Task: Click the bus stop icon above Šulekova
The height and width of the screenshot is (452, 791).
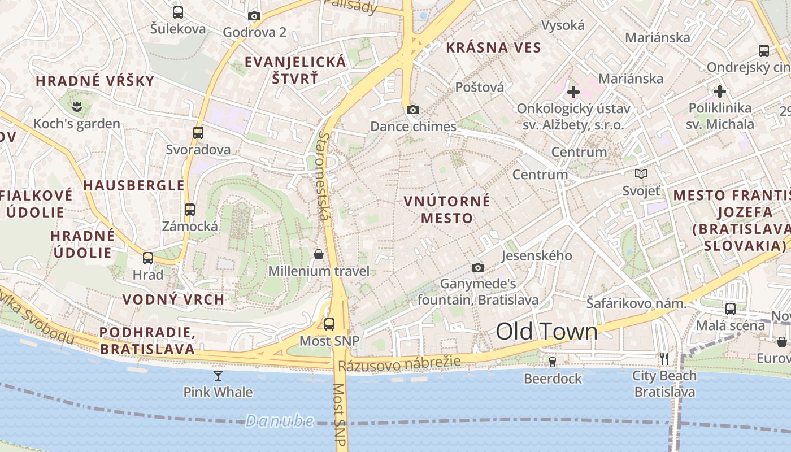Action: point(178,12)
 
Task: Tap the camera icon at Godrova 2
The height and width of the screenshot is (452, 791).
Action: point(254,16)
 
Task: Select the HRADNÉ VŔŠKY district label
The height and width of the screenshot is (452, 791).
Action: point(95,81)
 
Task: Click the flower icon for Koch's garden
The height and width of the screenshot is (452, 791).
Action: point(77,105)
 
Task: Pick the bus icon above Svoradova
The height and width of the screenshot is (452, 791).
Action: point(198,133)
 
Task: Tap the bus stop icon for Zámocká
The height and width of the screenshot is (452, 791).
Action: point(190,210)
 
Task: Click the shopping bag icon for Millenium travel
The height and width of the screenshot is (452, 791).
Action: point(319,254)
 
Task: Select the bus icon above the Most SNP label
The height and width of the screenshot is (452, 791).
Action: point(329,324)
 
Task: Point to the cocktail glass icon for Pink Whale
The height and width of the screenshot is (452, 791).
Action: point(218,375)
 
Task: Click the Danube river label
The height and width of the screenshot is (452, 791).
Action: point(280,420)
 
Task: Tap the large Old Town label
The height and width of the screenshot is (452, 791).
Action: point(546,332)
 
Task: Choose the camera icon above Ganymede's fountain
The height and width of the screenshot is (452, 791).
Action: point(478,267)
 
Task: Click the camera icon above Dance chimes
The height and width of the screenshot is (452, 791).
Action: point(413,110)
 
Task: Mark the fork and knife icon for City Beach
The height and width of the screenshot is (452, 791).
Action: point(664,358)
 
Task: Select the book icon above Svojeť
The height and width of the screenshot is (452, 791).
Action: point(641,173)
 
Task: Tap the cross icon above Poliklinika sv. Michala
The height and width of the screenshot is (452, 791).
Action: point(720,91)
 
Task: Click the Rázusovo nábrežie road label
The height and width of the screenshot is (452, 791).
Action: point(399,363)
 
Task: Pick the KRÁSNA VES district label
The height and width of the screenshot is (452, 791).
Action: point(493,47)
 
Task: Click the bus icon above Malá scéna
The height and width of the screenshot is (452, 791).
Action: point(731,308)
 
